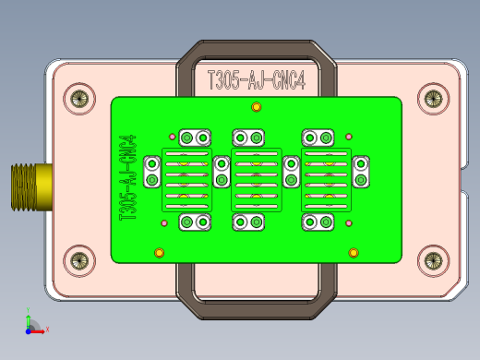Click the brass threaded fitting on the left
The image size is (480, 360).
point(31,187)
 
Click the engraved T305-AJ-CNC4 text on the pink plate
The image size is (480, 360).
point(257,80)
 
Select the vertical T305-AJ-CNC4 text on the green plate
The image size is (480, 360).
point(127,177)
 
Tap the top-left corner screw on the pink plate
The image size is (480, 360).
point(79,99)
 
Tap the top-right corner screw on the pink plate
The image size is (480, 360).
point(433,99)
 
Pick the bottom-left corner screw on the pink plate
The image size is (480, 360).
point(79,261)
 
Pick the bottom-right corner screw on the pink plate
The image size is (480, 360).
point(433,261)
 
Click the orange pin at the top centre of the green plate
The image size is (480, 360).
point(257,107)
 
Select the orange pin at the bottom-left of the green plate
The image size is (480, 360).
point(159,253)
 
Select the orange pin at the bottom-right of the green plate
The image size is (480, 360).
point(354,253)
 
